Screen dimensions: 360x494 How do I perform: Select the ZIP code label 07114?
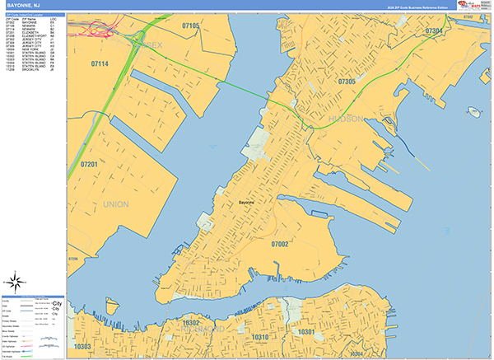(100, 63)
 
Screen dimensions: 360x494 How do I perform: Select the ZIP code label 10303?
(82, 347)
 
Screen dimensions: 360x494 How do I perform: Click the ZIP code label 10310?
(259, 338)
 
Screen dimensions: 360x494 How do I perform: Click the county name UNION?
(116, 203)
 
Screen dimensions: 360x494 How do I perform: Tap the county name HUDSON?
(346, 119)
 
